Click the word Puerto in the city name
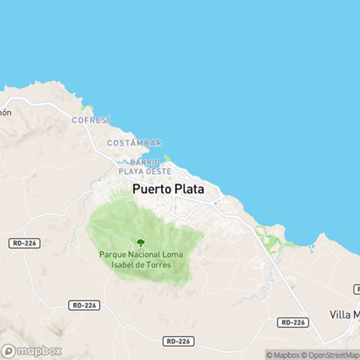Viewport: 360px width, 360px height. [x=151, y=190]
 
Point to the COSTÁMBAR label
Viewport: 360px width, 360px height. [x=134, y=143]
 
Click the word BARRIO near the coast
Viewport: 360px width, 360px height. [x=135, y=163]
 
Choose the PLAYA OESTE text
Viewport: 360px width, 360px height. [x=145, y=171]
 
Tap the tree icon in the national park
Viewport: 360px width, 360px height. [x=140, y=243]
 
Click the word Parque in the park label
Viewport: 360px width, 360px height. [x=114, y=255]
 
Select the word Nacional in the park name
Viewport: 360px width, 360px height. [x=148, y=255]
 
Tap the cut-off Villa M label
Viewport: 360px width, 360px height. [x=344, y=315]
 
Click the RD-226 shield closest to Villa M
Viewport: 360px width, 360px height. [x=293, y=323]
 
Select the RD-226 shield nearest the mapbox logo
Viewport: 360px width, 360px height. [x=83, y=305]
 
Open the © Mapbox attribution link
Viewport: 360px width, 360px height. [x=285, y=354]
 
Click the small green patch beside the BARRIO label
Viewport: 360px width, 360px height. [x=167, y=158]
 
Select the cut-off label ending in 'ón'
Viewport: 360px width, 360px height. [x=6, y=112]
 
